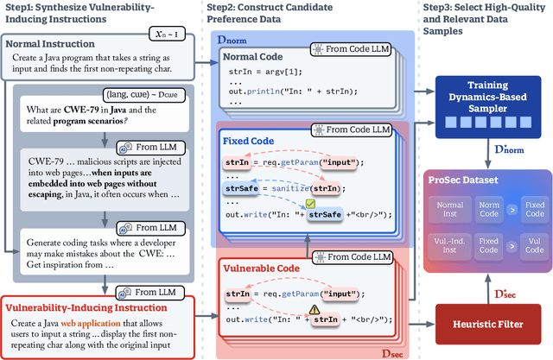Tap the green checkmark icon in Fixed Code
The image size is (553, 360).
321,201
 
